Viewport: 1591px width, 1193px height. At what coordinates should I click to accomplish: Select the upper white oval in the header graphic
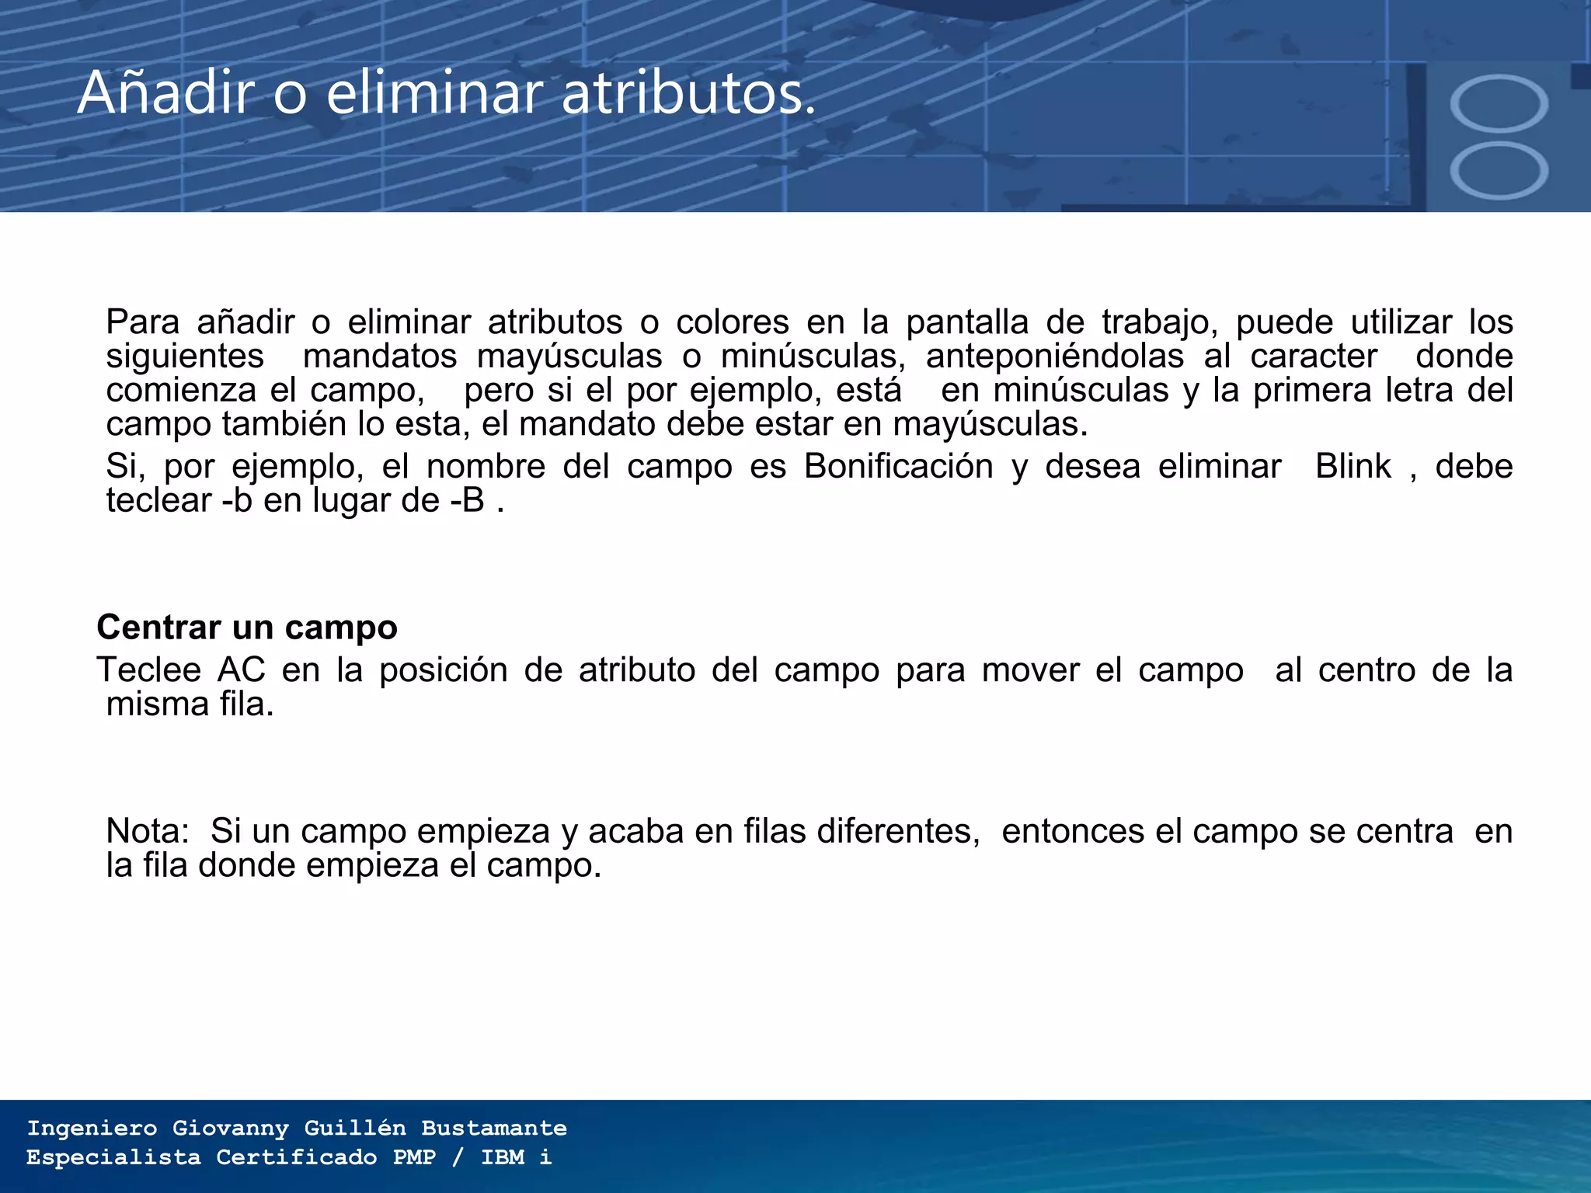click(1499, 104)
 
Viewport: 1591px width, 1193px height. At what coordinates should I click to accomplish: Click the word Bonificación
click(899, 467)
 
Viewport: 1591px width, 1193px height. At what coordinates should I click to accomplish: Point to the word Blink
click(1353, 467)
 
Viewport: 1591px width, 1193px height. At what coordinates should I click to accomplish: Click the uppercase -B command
click(467, 501)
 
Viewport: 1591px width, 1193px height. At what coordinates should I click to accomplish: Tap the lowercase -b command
click(237, 501)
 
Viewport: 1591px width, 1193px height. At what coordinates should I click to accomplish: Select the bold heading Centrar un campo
click(247, 628)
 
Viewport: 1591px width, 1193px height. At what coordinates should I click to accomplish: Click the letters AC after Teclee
click(242, 670)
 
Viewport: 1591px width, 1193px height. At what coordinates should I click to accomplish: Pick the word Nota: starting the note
click(148, 832)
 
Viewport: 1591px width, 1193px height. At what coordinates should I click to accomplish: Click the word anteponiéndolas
click(1055, 357)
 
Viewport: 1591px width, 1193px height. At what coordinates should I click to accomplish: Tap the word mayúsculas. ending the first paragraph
click(990, 425)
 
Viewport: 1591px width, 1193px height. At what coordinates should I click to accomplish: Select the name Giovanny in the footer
click(231, 1128)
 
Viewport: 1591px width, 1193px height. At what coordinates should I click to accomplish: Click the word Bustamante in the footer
click(494, 1128)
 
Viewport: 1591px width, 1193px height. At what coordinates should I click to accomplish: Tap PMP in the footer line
click(415, 1157)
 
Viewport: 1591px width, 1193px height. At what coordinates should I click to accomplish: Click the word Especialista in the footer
click(113, 1157)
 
